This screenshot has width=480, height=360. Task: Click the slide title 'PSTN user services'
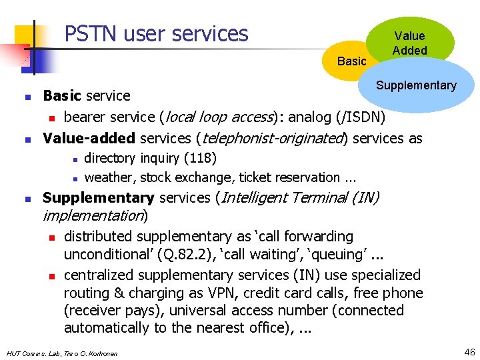[x=156, y=33]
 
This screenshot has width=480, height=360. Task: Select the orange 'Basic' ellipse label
[x=351, y=61]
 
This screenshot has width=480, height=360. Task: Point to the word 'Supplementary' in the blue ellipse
[x=416, y=85]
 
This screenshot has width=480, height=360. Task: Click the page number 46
[x=469, y=351]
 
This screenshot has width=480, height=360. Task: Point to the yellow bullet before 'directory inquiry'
[x=76, y=159]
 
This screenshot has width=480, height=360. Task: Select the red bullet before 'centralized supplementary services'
[x=51, y=276]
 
